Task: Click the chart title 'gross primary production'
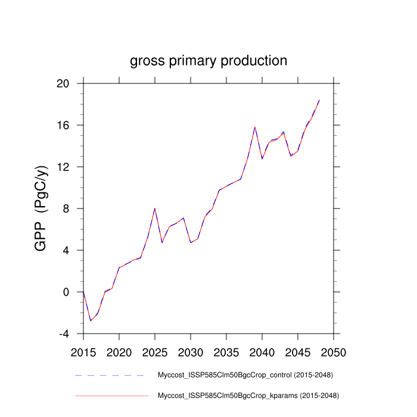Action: pos(208,61)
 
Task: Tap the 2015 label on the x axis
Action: pos(83,351)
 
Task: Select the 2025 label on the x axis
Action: pos(155,351)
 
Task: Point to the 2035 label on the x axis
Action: pos(226,351)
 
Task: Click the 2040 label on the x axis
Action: pos(262,351)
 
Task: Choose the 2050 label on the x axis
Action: pos(334,351)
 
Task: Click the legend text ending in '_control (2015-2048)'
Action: pos(244,375)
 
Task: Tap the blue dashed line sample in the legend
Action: pos(111,375)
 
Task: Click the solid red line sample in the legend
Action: pos(111,395)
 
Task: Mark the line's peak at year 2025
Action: pos(155,208)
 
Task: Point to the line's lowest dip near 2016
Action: pos(91,320)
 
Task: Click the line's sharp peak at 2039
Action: pos(255,127)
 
